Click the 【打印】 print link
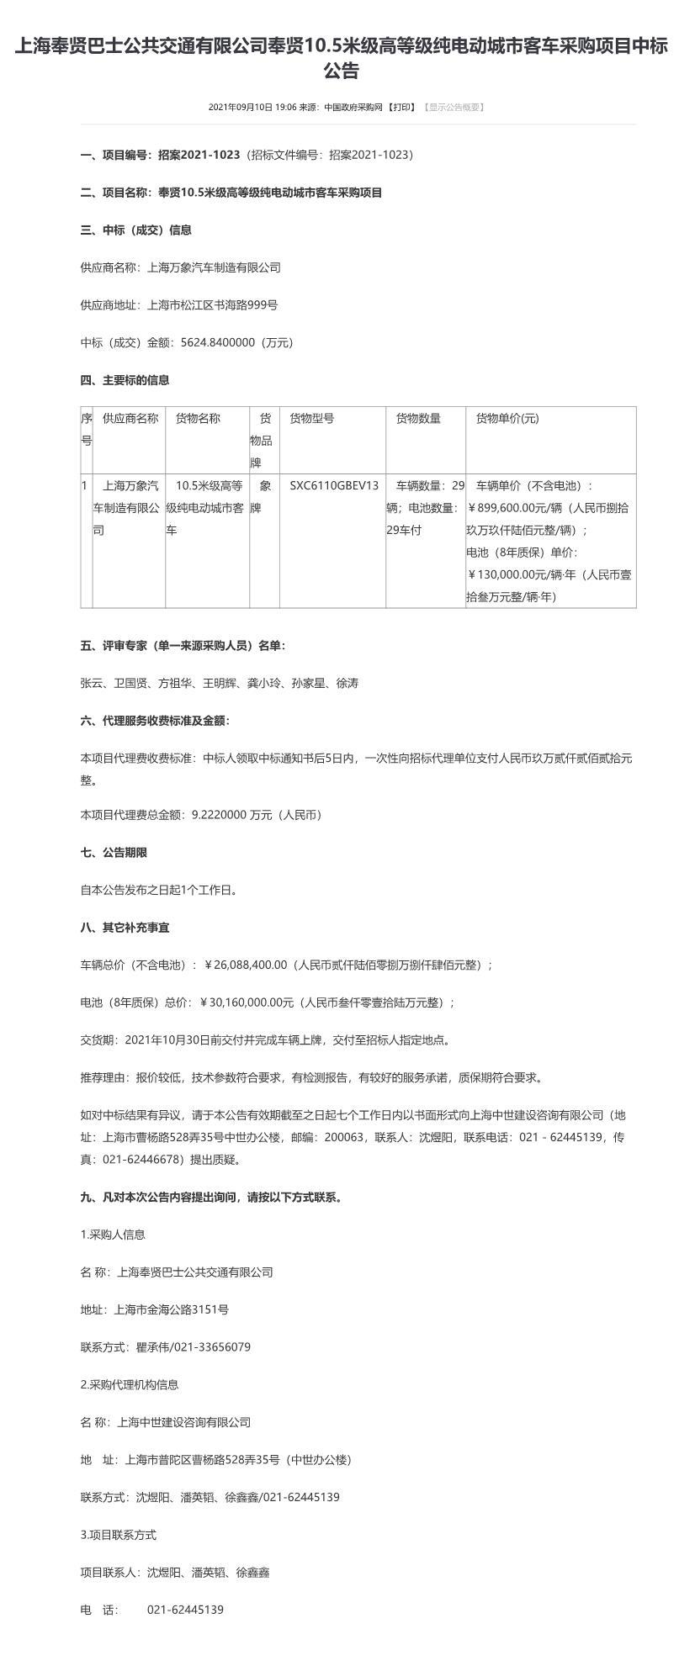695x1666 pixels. tap(401, 107)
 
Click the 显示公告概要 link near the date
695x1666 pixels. tap(454, 107)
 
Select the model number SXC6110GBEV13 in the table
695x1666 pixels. tap(334, 485)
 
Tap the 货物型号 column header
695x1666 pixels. tap(311, 418)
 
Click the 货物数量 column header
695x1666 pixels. tap(418, 418)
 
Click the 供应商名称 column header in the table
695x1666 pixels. tap(130, 418)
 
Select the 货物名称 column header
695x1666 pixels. tap(198, 418)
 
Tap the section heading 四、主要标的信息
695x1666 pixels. tap(125, 380)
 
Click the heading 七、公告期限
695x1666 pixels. tap(114, 852)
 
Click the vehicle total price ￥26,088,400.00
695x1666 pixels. tap(247, 965)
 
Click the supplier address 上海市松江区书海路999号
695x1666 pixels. tap(212, 304)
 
